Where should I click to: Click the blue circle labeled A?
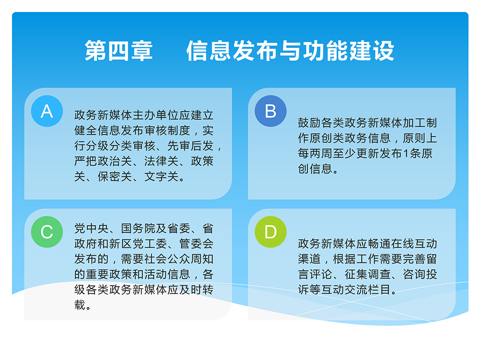pyautogui.click(x=47, y=111)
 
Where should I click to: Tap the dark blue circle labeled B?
pyautogui.click(x=271, y=111)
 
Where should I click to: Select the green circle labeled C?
pyautogui.click(x=47, y=232)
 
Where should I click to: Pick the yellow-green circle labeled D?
pyautogui.click(x=271, y=232)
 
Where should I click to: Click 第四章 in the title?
pyautogui.click(x=119, y=50)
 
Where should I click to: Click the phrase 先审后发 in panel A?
pyautogui.click(x=191, y=146)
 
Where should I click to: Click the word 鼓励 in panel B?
pyautogui.click(x=310, y=123)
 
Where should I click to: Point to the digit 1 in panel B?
pyautogui.click(x=406, y=154)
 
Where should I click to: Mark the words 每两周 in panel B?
pyautogui.click(x=315, y=154)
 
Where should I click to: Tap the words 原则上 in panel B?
pyautogui.click(x=420, y=138)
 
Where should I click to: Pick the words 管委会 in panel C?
pyautogui.click(x=196, y=244)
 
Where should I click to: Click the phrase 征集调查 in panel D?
pyautogui.click(x=368, y=274)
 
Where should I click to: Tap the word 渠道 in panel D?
pyautogui.click(x=310, y=259)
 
